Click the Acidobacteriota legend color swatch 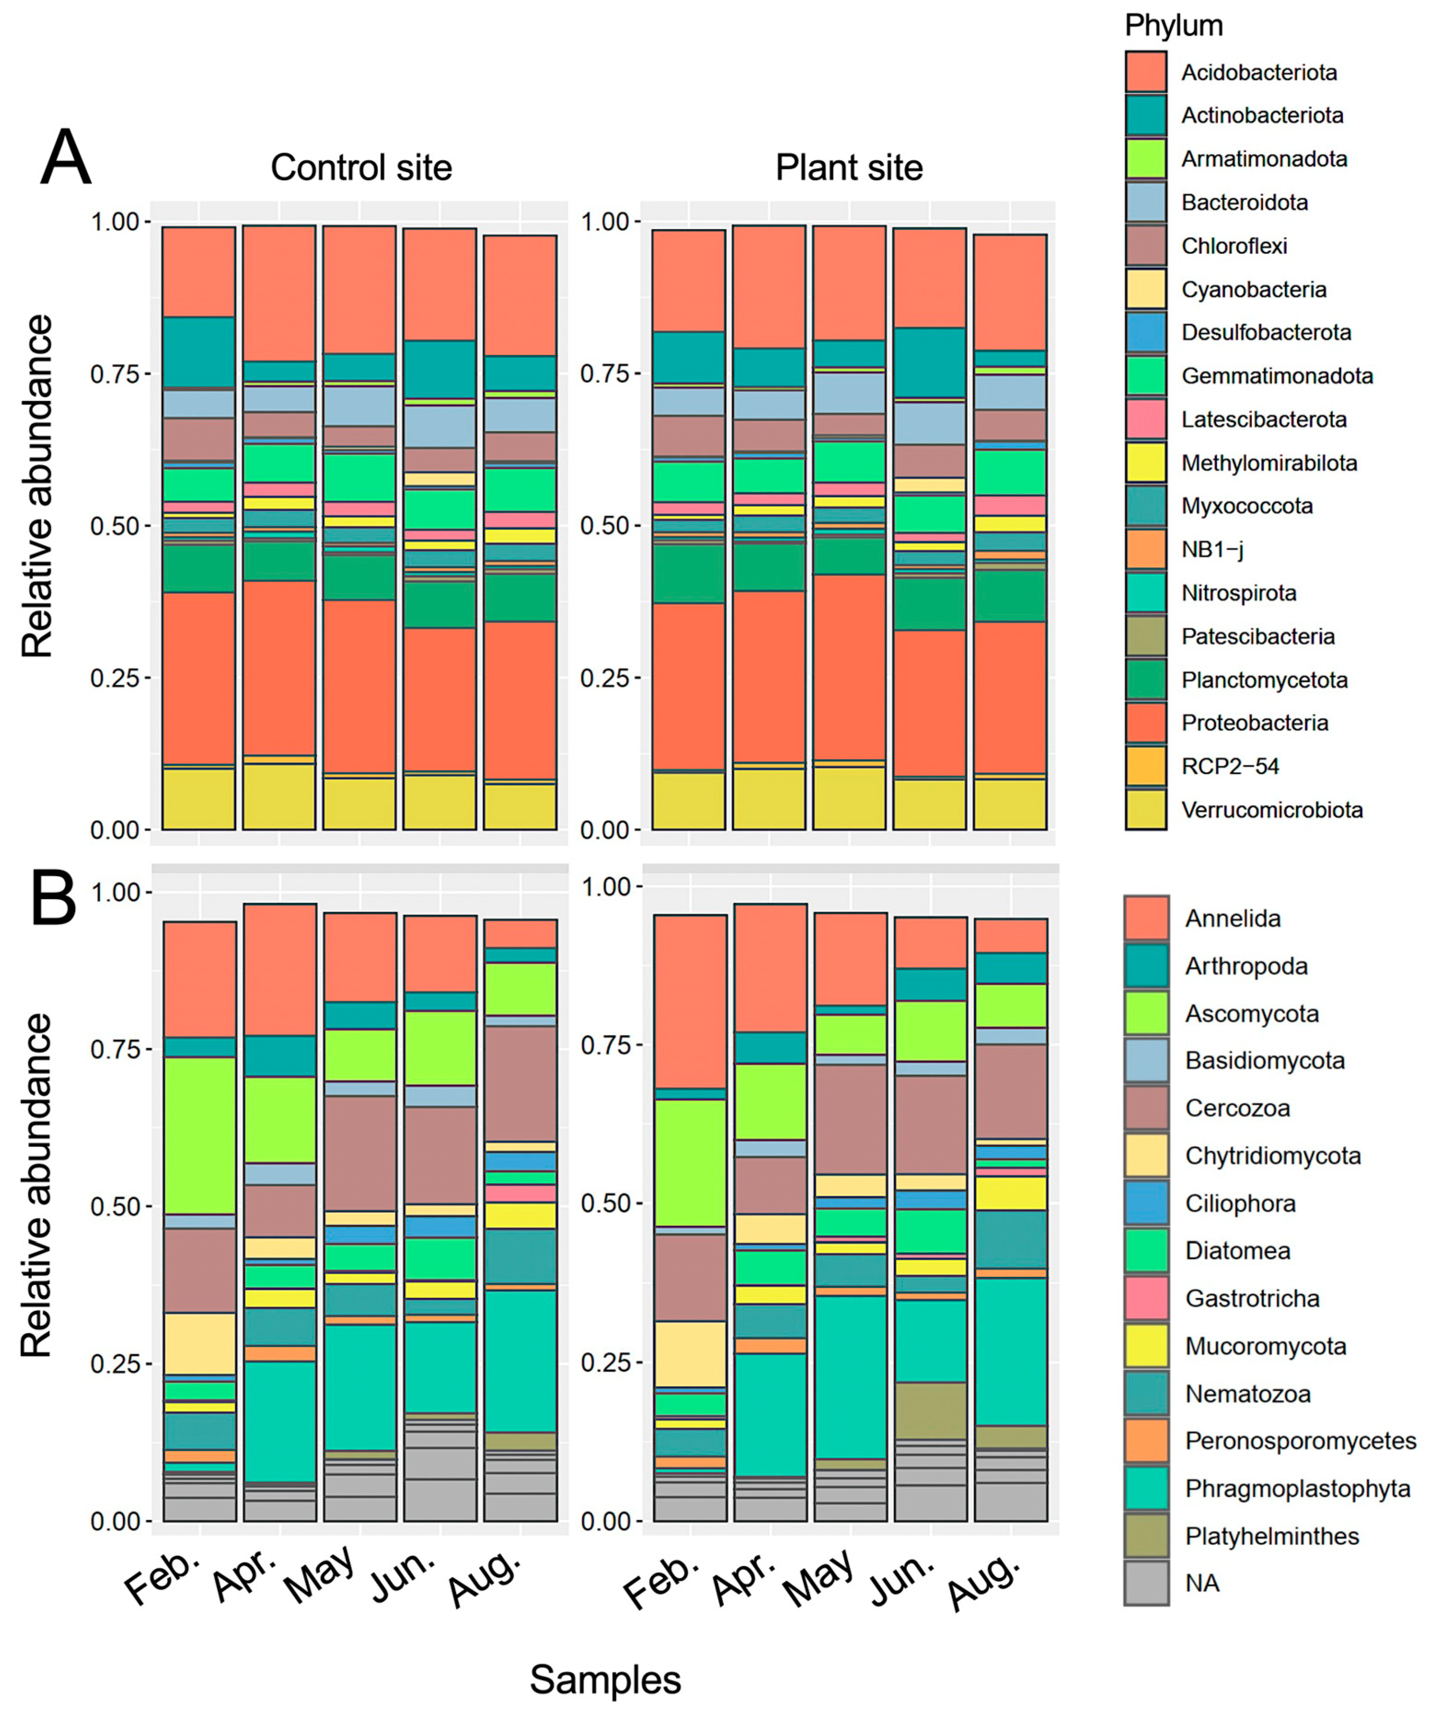pos(1146,72)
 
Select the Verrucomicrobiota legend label pos(1272,810)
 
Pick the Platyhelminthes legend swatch pos(1146,1536)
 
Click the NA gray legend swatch pos(1146,1583)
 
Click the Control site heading pos(361,168)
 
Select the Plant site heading pos(849,168)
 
